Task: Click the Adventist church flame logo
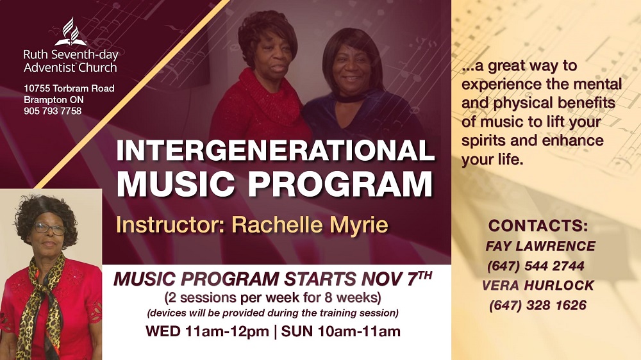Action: [x=71, y=32]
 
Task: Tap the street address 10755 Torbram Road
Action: [x=69, y=88]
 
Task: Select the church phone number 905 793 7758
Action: [x=53, y=111]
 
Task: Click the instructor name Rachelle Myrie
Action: [x=310, y=225]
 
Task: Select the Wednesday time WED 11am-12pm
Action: [x=207, y=331]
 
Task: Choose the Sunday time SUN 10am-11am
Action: [x=341, y=331]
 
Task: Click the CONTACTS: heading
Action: [x=538, y=225]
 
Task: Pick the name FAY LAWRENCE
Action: [x=540, y=246]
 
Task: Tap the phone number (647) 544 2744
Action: [x=535, y=266]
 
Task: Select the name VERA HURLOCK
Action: [x=538, y=286]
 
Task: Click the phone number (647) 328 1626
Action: [x=538, y=306]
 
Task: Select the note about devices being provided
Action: [x=272, y=313]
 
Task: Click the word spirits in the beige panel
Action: [x=483, y=141]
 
